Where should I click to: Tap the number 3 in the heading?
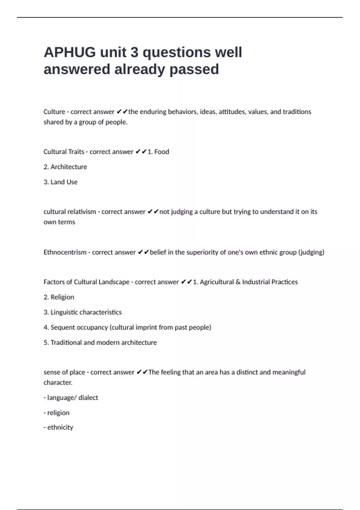pos(134,52)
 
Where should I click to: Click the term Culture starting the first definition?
pos(54,112)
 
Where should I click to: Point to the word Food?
pos(162,152)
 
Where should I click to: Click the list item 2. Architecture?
pos(65,167)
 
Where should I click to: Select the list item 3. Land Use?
pos(60,182)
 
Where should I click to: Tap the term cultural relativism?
pos(70,212)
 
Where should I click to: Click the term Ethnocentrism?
pos(65,252)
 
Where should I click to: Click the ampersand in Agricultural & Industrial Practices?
pos(238,282)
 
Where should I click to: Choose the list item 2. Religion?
pos(59,297)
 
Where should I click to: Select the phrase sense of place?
pos(64,372)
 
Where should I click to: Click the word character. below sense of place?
pos(58,382)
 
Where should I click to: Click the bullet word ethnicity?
pos(60,427)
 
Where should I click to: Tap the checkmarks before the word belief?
pos(143,252)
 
